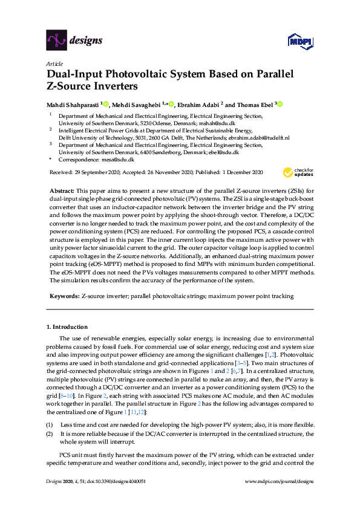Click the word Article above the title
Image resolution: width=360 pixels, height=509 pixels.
(x=54, y=63)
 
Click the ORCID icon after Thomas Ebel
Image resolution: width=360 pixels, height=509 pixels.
(x=280, y=103)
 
